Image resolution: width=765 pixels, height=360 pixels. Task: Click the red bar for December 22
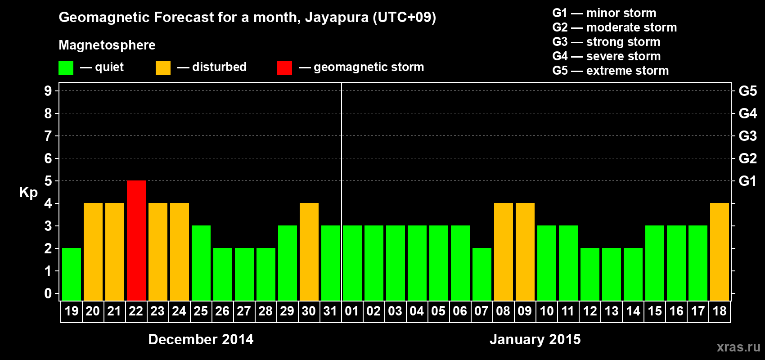click(136, 240)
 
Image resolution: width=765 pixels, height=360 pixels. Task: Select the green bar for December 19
click(72, 274)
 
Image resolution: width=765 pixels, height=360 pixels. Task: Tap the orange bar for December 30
click(309, 252)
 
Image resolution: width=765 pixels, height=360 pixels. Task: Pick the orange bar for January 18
click(720, 252)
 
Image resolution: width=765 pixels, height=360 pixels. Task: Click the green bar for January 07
click(482, 274)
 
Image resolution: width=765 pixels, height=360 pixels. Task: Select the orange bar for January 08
click(504, 252)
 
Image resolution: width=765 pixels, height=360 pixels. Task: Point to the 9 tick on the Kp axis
click(48, 91)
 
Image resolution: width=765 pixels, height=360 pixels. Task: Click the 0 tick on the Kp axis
click(48, 294)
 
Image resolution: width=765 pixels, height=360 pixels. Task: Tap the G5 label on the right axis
click(747, 91)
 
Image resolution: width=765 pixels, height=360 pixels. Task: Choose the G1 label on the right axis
click(747, 181)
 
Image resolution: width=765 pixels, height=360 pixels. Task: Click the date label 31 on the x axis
click(330, 311)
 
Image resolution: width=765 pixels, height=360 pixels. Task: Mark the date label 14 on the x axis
click(633, 311)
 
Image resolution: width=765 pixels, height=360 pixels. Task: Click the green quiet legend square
click(66, 68)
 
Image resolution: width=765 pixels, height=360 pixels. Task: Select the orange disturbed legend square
click(163, 68)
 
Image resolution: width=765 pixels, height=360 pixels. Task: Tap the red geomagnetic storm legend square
click(284, 68)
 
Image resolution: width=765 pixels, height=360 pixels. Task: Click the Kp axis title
click(28, 193)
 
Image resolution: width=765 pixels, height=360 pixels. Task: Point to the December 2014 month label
click(201, 339)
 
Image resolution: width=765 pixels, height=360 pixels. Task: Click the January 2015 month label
click(535, 339)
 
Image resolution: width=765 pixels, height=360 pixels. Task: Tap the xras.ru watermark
click(738, 347)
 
